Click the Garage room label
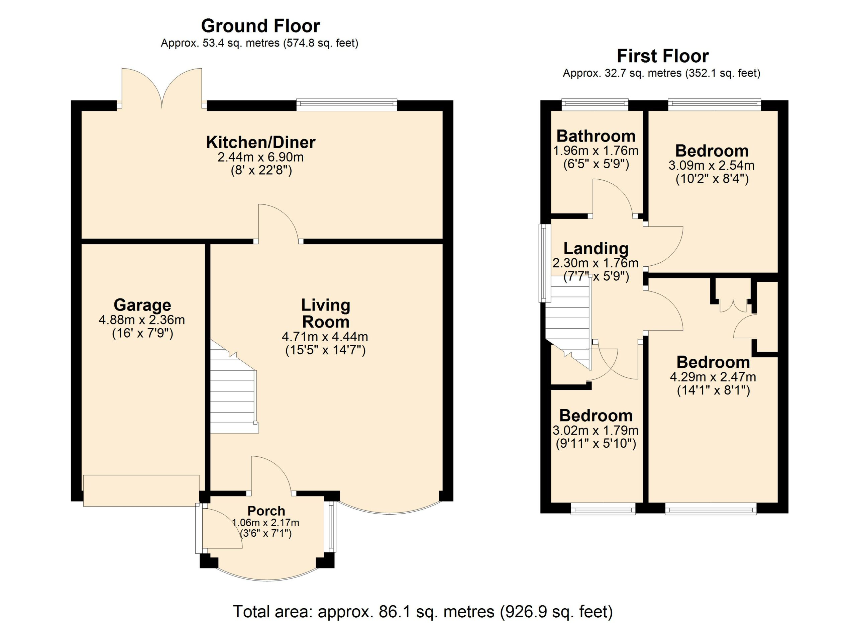pos(142,305)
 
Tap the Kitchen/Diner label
pos(261,142)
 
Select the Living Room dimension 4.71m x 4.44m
pos(325,336)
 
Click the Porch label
pos(266,511)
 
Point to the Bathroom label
pos(596,136)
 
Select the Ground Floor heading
pos(260,26)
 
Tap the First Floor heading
pos(663,56)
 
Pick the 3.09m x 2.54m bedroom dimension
pos(712,165)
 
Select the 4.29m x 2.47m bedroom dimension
pos(713,377)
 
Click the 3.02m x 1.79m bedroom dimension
pos(596,430)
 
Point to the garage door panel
pos(141,491)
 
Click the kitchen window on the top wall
pos(347,105)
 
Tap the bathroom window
pos(595,105)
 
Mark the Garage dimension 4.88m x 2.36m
pos(142,320)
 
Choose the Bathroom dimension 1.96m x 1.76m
pos(596,151)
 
